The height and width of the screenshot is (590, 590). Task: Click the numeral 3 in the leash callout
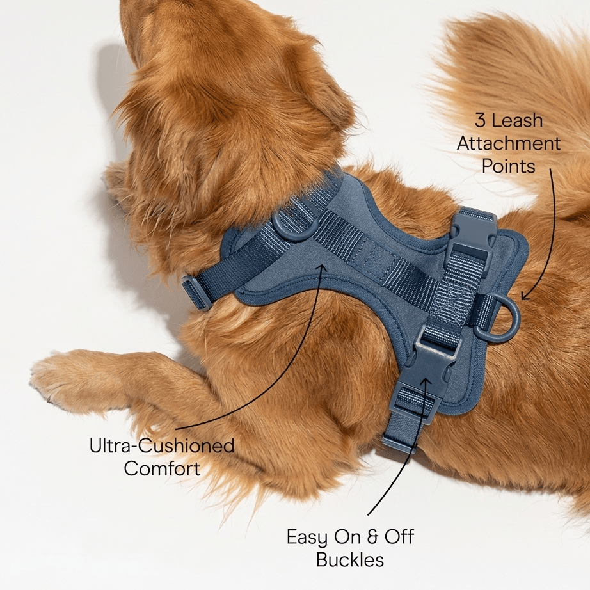click(481, 121)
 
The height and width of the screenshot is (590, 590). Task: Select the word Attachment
click(509, 144)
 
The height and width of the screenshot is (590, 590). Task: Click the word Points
click(508, 166)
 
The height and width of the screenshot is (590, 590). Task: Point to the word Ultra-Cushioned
click(162, 446)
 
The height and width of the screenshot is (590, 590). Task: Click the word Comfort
click(162, 469)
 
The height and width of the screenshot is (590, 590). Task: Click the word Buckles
click(350, 559)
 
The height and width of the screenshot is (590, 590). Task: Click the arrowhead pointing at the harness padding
click(322, 268)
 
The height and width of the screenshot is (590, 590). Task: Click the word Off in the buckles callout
click(399, 537)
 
